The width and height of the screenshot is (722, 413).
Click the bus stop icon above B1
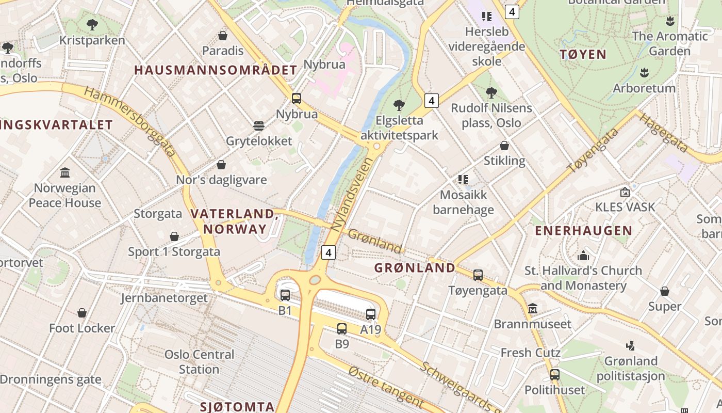pyautogui.click(x=285, y=295)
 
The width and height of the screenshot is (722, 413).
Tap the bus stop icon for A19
pyautogui.click(x=371, y=314)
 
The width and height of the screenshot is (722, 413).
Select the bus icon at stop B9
pyautogui.click(x=341, y=329)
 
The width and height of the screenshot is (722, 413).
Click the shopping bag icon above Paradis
pyautogui.click(x=223, y=36)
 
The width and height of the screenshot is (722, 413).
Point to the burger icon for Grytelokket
pyautogui.click(x=259, y=126)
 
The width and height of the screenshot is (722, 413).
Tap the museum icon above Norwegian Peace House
pyautogui.click(x=65, y=172)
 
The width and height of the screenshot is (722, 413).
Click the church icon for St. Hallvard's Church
pyautogui.click(x=583, y=255)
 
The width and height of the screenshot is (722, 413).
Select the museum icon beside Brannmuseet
pyautogui.click(x=533, y=309)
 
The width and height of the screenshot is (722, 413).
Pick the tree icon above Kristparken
pyautogui.click(x=92, y=24)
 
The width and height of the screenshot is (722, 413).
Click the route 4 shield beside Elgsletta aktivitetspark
pyautogui.click(x=432, y=100)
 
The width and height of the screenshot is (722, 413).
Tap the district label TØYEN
pyautogui.click(x=583, y=54)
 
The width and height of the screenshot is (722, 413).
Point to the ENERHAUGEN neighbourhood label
pyautogui.click(x=583, y=231)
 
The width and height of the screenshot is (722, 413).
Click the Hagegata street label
pyautogui.click(x=664, y=133)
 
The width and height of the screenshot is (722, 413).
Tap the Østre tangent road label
pyautogui.click(x=386, y=386)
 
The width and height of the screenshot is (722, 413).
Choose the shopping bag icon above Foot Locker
pyautogui.click(x=82, y=313)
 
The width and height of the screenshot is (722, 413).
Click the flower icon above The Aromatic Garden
pyautogui.click(x=670, y=21)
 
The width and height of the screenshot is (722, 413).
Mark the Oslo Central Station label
pyautogui.click(x=199, y=362)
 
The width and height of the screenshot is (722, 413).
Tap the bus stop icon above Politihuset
pyautogui.click(x=555, y=375)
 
